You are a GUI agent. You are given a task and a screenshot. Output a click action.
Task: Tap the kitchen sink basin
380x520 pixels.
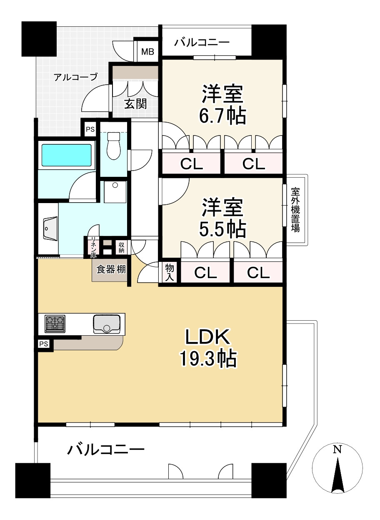107,324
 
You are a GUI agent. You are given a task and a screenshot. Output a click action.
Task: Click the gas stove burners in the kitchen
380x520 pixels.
55,324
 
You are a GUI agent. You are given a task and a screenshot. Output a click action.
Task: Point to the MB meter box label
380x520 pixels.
147,52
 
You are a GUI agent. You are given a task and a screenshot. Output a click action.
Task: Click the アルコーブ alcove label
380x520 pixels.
75,77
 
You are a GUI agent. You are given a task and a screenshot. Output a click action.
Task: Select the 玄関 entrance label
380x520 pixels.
135,103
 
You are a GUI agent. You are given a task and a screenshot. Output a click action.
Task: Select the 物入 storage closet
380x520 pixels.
169,273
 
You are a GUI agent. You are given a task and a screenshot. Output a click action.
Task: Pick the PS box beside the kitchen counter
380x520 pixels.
44,344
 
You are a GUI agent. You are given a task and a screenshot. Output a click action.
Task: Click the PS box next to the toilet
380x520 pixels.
90,129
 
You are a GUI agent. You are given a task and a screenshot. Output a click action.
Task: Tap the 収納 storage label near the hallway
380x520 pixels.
121,247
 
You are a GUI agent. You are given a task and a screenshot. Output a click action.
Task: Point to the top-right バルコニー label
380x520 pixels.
202,43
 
